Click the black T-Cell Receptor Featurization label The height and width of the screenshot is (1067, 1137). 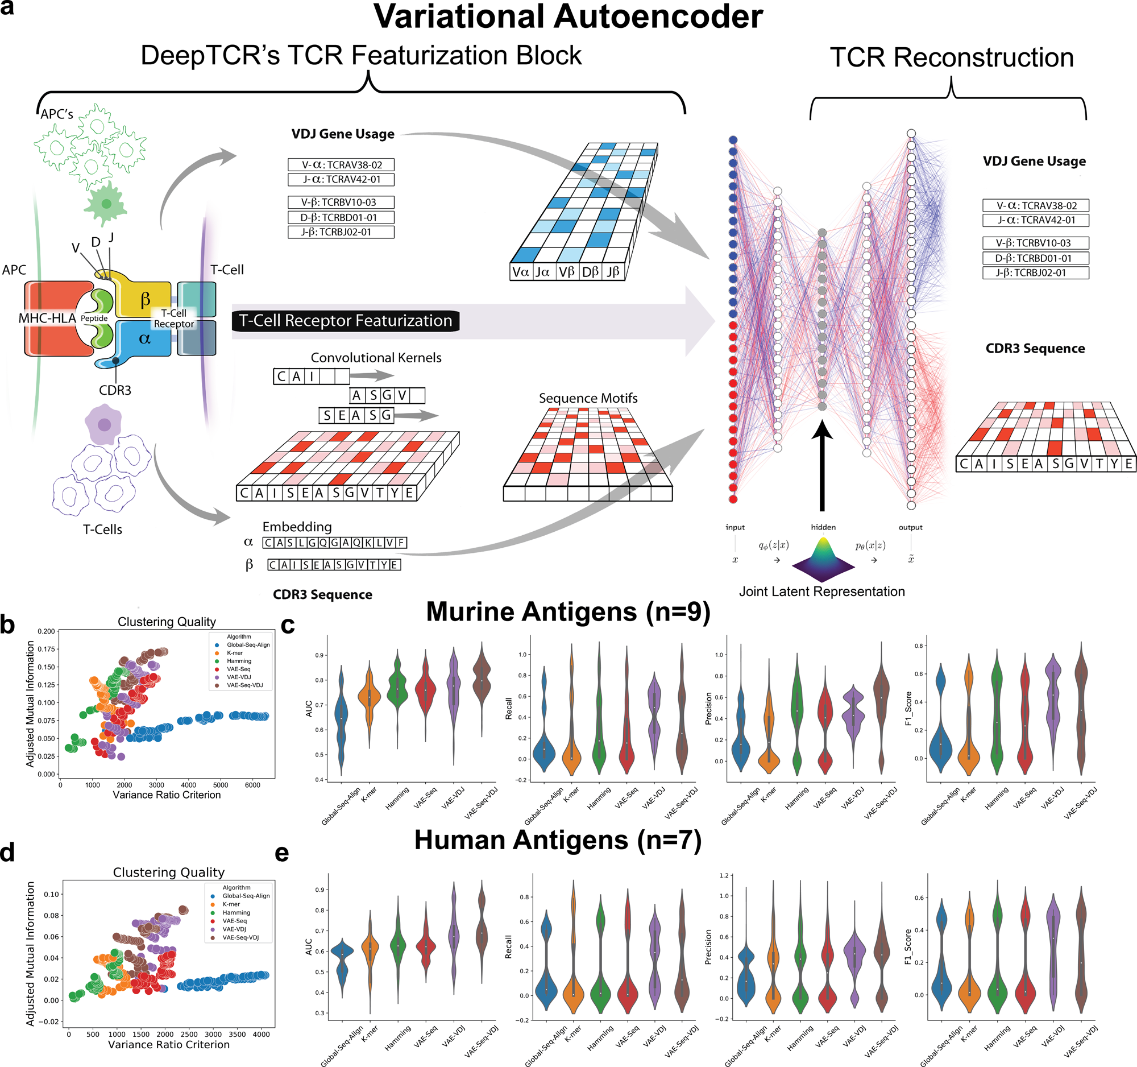[346, 320]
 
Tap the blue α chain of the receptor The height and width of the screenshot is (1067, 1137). [144, 338]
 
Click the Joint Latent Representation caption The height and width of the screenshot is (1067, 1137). [822, 592]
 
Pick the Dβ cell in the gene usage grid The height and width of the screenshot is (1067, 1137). [590, 272]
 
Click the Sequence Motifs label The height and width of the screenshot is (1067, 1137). [588, 398]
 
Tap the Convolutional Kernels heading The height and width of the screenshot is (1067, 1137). [376, 358]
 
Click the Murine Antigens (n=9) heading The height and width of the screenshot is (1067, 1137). [568, 611]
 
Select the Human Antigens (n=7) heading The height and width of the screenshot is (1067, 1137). [558, 840]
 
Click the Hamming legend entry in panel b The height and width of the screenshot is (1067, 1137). [239, 661]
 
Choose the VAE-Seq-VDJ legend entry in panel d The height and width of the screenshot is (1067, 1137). [240, 938]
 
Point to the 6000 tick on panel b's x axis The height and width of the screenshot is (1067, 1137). [252, 785]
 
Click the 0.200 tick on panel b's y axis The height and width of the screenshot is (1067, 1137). [46, 632]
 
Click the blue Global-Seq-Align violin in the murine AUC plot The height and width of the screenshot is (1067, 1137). [342, 721]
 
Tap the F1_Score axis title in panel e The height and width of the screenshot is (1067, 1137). [908, 947]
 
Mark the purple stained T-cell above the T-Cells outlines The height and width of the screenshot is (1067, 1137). [103, 424]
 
